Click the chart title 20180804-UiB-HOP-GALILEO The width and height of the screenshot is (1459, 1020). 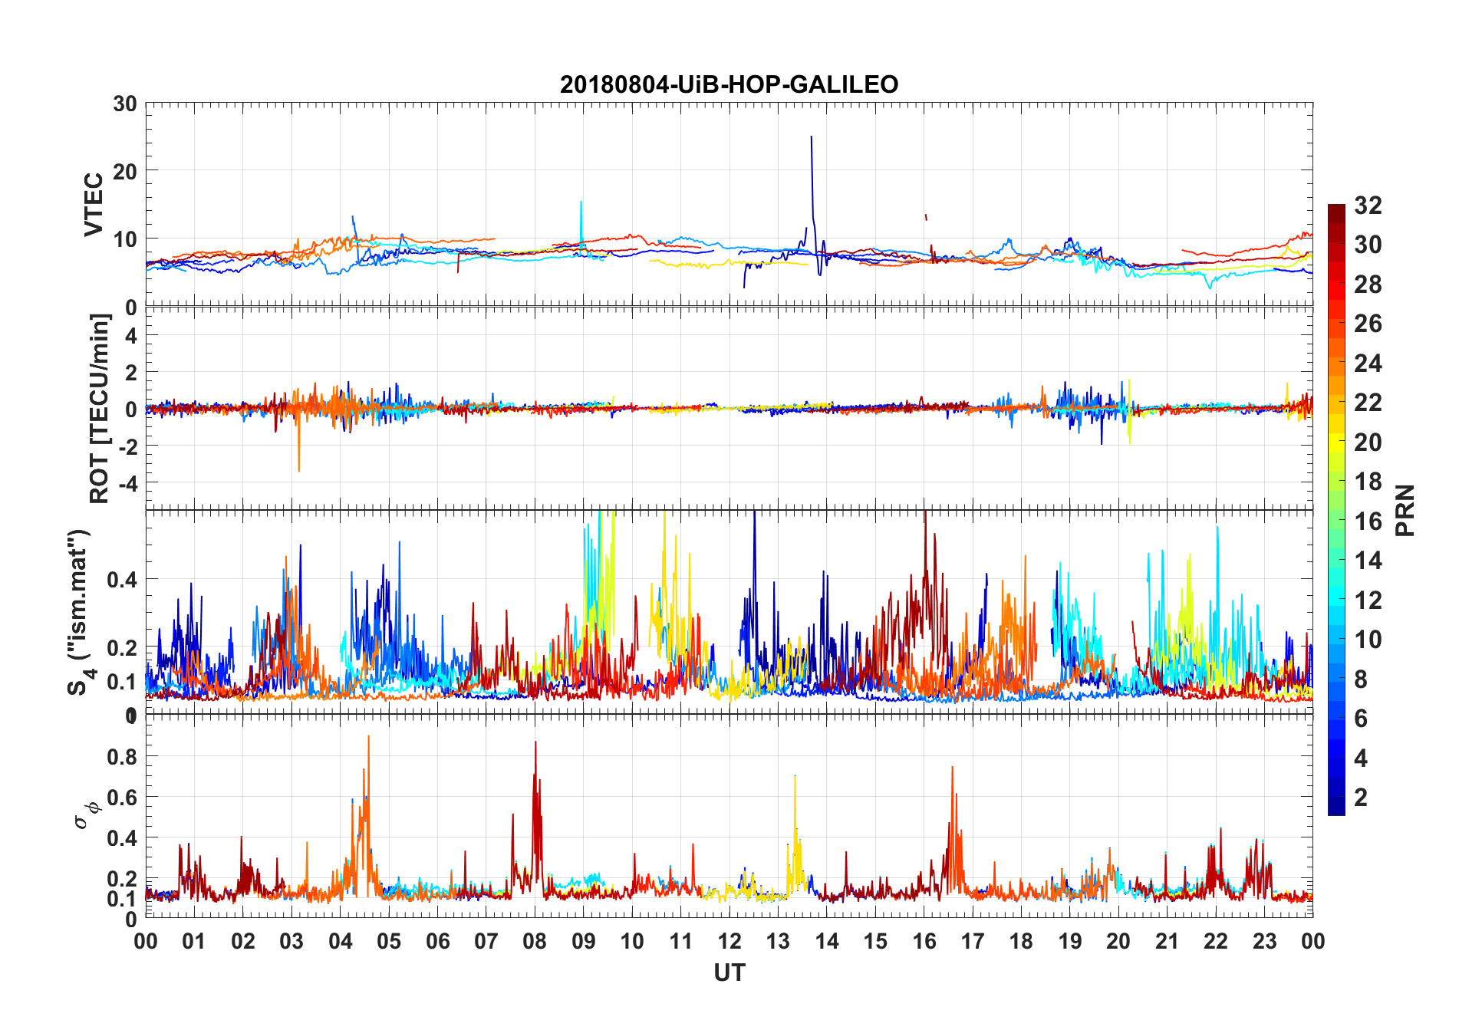tap(729, 84)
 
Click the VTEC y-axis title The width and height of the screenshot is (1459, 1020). tap(94, 205)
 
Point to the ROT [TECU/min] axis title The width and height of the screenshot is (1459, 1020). tap(100, 408)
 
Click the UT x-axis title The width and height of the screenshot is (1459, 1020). tap(729, 973)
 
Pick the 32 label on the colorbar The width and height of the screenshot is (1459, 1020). tap(1368, 206)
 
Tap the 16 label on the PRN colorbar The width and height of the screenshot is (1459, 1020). tap(1368, 522)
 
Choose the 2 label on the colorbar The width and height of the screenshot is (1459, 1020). tap(1361, 798)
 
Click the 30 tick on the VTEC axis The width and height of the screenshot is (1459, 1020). tap(125, 104)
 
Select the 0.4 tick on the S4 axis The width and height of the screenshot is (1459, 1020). tap(122, 580)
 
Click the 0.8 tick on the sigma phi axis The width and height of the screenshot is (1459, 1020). tap(122, 757)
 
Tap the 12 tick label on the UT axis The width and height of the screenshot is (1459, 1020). tap(729, 942)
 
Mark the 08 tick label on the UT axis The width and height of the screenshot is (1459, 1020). tap(535, 942)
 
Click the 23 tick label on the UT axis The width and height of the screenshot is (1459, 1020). tap(1264, 942)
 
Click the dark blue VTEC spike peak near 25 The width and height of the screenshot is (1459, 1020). tap(812, 137)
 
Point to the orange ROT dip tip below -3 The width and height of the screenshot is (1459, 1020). tap(298, 470)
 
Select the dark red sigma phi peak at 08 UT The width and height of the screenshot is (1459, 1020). tap(535, 742)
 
